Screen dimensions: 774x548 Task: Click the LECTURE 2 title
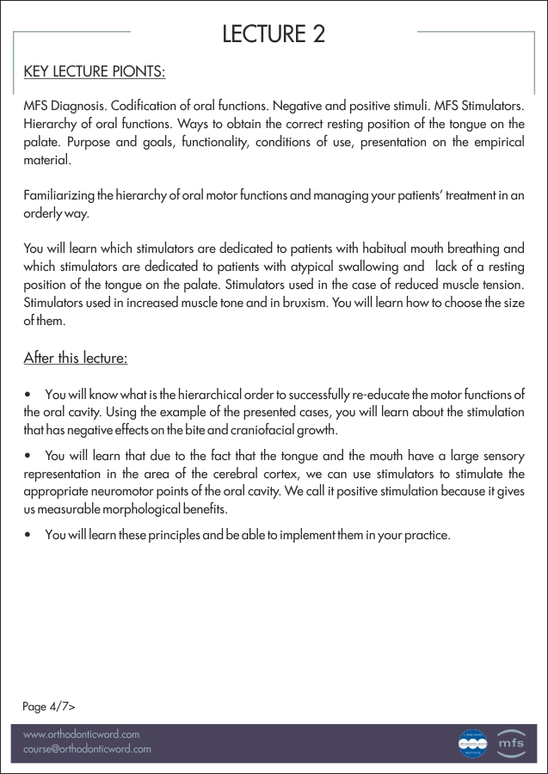click(x=274, y=34)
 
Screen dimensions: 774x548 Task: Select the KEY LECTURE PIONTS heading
click(x=94, y=71)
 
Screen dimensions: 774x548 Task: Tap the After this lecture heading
click(x=75, y=357)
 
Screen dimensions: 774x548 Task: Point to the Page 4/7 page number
click(x=48, y=706)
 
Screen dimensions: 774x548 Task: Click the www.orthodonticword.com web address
click(x=81, y=734)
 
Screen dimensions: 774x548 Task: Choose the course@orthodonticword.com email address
click(x=87, y=749)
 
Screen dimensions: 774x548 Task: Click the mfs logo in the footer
click(x=511, y=742)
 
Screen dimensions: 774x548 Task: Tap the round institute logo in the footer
click(x=472, y=742)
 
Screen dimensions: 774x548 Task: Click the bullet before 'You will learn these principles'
click(x=29, y=536)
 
